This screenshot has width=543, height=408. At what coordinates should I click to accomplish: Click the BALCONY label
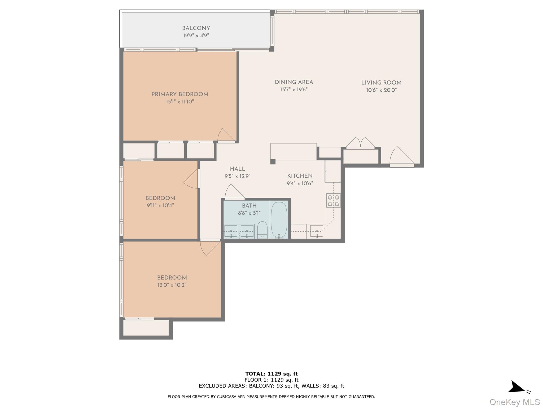coord(196,28)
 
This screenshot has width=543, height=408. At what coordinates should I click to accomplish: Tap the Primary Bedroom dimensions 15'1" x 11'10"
coord(180,102)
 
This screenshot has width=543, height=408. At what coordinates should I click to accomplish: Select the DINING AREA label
coord(294,82)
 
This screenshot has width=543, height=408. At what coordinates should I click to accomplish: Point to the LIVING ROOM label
coord(381,83)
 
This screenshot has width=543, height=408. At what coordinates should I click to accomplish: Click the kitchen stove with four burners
coord(333,201)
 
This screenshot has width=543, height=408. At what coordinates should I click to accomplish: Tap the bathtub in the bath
coord(279,220)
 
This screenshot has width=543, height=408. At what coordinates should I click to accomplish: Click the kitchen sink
coord(317,231)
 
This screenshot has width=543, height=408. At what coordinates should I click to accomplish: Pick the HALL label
coord(237,169)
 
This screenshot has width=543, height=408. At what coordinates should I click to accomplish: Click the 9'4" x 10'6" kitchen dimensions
coord(300,183)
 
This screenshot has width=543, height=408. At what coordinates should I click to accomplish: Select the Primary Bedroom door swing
coord(225,135)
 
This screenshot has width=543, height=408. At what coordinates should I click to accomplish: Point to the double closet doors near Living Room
coord(360,142)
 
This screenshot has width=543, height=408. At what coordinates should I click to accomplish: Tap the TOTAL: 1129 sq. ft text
coord(271,374)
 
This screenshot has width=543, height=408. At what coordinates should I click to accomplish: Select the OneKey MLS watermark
coord(514,402)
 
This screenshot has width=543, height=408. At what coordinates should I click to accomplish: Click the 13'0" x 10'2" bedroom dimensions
coord(172,285)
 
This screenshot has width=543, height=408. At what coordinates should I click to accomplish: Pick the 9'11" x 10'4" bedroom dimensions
coord(160,205)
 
